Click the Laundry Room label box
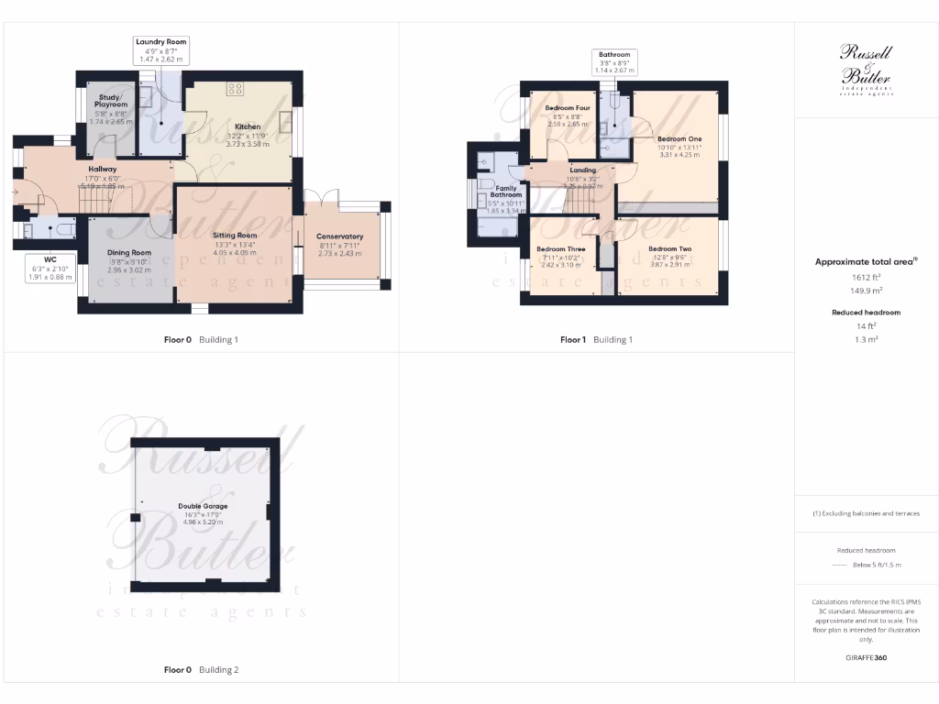click(x=161, y=49)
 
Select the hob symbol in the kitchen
click(x=235, y=89)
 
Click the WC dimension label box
click(x=50, y=267)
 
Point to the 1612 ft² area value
click(x=866, y=277)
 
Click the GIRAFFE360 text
click(x=866, y=657)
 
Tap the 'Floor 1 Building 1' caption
click(x=596, y=339)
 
